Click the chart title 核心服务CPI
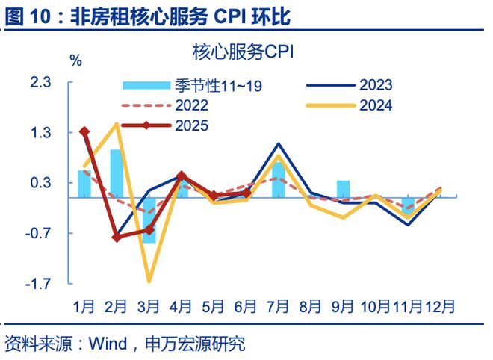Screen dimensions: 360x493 click(x=243, y=52)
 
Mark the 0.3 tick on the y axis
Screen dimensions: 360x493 click(x=40, y=183)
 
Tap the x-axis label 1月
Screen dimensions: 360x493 click(x=84, y=306)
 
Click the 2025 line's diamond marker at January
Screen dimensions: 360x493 click(x=84, y=131)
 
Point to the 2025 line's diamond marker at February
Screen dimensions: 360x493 click(x=117, y=238)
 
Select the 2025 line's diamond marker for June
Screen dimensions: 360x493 click(x=246, y=193)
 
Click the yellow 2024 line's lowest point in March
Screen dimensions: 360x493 click(x=149, y=281)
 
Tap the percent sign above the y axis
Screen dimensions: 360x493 click(x=75, y=61)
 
